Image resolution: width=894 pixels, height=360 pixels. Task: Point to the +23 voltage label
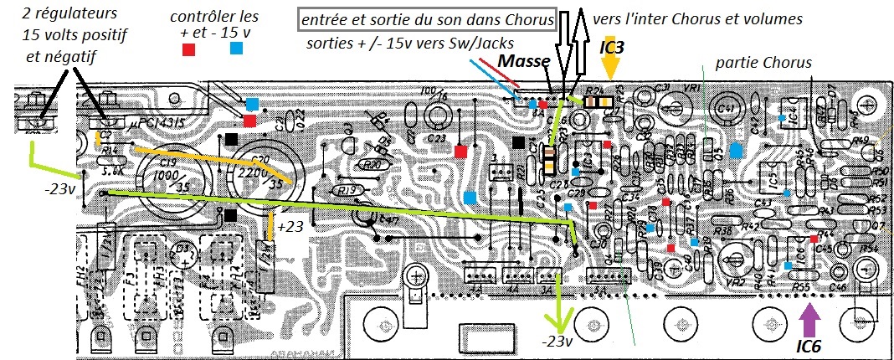coord(290,227)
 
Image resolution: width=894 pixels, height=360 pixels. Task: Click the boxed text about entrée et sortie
coord(426,19)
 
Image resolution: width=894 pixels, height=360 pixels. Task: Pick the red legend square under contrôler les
coord(189,49)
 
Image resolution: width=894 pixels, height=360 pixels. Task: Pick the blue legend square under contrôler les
coord(238,49)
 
